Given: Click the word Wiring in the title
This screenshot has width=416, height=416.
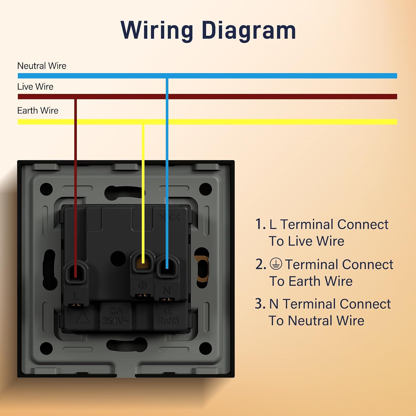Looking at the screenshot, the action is coord(157,31).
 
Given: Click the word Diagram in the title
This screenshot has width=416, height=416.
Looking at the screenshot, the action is coord(249,31).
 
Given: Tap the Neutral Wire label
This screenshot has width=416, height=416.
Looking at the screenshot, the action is coord(42,66).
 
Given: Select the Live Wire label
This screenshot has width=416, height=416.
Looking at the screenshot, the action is coord(35,87).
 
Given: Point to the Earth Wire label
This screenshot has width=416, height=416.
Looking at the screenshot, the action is coord(38,111).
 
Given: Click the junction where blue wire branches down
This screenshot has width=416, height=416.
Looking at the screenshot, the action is coord(167,76).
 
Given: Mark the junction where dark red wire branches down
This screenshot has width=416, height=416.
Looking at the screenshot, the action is coord(75,97).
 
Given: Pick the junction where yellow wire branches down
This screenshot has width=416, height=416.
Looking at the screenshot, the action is coord(143,122).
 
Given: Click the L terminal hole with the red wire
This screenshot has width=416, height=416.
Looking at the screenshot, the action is coord(75,272).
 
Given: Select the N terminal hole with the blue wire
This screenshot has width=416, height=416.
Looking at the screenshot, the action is coord(167,267).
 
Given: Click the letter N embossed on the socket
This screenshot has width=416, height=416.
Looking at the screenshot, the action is coord(167,290).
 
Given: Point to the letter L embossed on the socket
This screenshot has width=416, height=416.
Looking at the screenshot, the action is coord(76,296).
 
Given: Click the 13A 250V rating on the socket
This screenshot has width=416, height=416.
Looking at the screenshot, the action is coord(116,316).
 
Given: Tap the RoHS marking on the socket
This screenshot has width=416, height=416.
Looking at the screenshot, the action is coord(169,321).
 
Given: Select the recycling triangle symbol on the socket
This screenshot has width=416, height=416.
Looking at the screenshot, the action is coord(83,318).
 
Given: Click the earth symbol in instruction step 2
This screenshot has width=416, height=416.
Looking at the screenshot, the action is coord(276,264).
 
